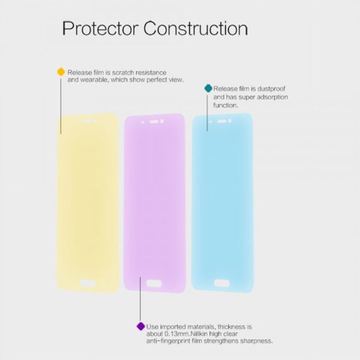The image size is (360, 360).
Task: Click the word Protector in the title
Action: (100, 29)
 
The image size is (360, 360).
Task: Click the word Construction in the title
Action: (196, 28)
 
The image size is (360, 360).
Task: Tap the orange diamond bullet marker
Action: (61, 72)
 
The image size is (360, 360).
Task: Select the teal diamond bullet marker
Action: (208, 88)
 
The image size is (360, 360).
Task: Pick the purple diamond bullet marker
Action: (141, 326)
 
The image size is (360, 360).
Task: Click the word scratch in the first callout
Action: (123, 73)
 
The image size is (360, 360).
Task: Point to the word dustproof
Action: (272, 89)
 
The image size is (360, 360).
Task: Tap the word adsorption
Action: (272, 97)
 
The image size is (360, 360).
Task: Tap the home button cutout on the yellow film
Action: (87, 283)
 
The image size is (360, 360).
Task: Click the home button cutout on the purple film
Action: (154, 283)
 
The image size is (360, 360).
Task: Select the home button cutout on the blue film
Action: (222, 283)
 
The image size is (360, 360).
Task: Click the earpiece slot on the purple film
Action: (154, 122)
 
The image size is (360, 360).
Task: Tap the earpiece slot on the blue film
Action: (222, 121)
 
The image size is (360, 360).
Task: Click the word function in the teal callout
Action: (225, 105)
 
